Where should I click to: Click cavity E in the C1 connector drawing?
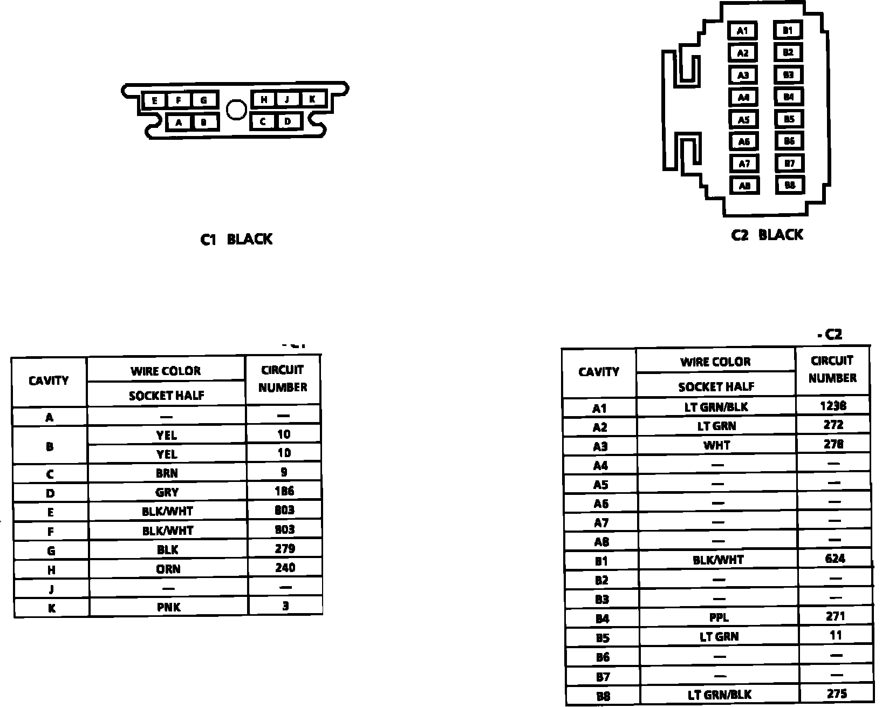154,100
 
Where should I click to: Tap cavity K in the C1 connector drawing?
312,99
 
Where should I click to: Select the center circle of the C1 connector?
235,110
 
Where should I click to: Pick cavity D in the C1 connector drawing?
288,121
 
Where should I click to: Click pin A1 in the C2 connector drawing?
743,31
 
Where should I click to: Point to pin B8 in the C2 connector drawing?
790,185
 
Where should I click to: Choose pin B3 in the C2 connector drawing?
789,75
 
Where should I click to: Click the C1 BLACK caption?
236,239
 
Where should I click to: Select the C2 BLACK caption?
767,235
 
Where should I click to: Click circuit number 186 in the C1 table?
284,491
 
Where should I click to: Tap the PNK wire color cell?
168,607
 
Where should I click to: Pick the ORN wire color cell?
168,569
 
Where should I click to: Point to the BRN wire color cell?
167,473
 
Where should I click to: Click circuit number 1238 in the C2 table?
833,406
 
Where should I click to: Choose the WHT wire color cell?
717,445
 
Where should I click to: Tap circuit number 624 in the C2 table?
835,559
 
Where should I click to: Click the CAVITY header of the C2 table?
599,372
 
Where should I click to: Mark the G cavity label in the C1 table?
51,551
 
